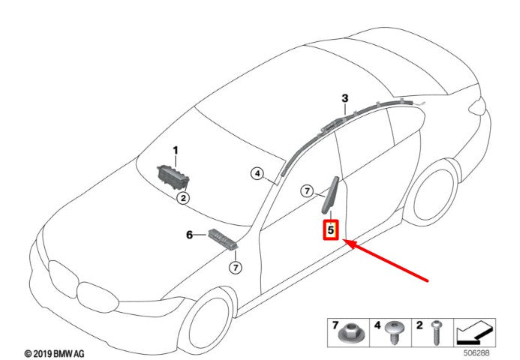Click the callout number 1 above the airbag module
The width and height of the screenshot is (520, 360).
[176, 151]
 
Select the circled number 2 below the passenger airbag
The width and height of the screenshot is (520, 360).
[183, 198]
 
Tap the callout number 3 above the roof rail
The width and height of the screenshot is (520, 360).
[345, 98]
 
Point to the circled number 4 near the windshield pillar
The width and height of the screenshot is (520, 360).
[257, 173]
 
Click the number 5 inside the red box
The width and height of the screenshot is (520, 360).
[331, 229]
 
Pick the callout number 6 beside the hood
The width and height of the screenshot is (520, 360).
[189, 235]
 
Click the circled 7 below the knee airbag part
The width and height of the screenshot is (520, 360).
[235, 267]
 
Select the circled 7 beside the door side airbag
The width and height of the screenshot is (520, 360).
[307, 191]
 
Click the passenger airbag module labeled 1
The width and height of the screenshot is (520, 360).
[173, 177]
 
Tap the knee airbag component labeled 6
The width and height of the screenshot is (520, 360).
[223, 239]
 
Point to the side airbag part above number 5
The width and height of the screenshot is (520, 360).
[330, 195]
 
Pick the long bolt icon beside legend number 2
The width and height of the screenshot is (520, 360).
[436, 332]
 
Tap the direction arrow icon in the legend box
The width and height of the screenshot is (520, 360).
[474, 332]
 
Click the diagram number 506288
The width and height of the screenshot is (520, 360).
[476, 353]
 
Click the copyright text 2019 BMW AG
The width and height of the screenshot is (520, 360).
[55, 354]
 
